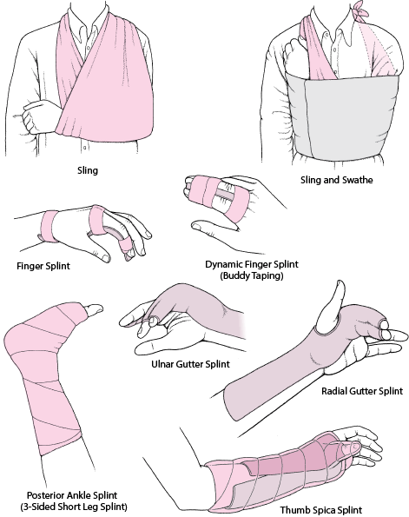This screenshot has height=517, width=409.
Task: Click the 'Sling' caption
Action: click(88, 170)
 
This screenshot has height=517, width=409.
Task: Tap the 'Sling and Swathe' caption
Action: click(337, 180)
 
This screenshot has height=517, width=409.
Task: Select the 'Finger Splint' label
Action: click(43, 266)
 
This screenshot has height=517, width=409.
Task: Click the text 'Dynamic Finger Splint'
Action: click(252, 264)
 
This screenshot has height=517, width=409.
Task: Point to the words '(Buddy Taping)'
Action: click(252, 275)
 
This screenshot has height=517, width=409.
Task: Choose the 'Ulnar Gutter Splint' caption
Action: click(190, 364)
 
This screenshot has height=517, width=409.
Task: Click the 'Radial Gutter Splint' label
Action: click(362, 391)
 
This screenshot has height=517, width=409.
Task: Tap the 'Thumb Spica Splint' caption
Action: click(321, 510)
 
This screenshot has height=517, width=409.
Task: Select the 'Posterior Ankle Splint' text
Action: click(72, 495)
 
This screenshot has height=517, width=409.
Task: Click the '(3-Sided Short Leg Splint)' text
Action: click(74, 507)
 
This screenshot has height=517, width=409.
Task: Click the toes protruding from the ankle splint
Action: click(94, 309)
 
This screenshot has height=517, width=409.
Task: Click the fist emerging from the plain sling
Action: click(39, 116)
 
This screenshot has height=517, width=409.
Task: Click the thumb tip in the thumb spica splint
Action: click(354, 447)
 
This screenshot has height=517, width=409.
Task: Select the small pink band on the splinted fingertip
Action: click(126, 245)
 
